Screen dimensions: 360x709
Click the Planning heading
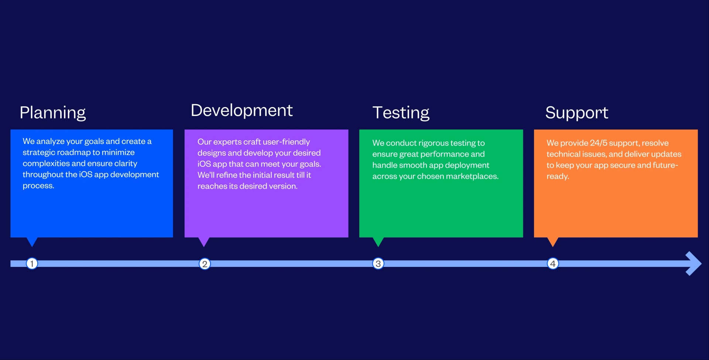(53, 113)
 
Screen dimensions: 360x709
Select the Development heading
(242, 110)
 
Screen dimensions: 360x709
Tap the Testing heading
(401, 113)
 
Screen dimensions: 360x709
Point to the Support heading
(576, 113)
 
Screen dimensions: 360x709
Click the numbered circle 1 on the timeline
(32, 263)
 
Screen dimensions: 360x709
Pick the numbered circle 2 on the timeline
(205, 264)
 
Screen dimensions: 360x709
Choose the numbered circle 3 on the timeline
(378, 264)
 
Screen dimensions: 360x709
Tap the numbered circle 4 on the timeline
(553, 264)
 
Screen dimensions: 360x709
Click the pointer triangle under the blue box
(32, 241)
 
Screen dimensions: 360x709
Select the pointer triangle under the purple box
(204, 241)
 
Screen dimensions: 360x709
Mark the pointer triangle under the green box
(378, 241)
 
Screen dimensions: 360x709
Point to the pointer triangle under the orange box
(553, 241)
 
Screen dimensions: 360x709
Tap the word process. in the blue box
(38, 186)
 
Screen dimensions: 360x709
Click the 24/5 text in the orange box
(598, 143)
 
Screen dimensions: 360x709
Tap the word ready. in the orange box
(558, 176)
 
